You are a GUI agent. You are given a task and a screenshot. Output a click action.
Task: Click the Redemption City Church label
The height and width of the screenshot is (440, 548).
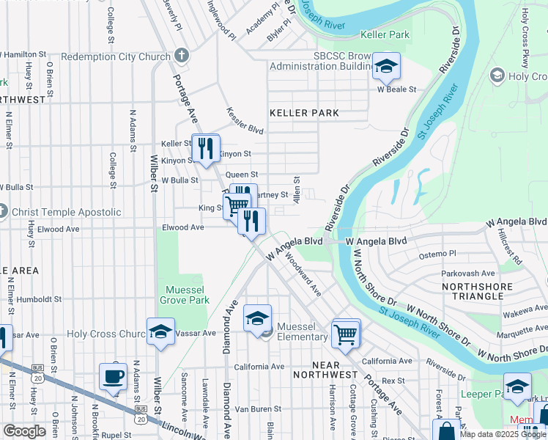pos(115,56)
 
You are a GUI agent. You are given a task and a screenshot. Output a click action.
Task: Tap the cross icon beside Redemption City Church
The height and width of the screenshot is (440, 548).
pos(181,56)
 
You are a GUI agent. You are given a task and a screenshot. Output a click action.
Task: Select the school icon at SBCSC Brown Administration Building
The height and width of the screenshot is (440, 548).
pos(385,67)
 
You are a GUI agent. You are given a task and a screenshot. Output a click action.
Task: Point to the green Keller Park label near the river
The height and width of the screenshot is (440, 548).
pos(385,34)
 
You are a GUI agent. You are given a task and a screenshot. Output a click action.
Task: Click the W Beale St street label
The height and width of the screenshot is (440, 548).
pos(396,89)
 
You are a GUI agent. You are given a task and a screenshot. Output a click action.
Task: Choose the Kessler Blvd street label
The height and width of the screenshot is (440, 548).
pos(245,117)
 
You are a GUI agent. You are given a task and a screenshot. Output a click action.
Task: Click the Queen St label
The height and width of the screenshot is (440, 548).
pos(242,175)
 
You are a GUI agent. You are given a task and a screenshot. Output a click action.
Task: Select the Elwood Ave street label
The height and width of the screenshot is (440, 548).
pos(183,228)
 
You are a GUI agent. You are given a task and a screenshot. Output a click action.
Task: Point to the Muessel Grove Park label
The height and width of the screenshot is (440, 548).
pos(185,295)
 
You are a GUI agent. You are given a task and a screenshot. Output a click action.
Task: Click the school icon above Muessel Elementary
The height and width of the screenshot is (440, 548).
pos(257,319)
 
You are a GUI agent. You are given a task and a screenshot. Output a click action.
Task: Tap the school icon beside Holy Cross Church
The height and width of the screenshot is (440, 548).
pos(161,331)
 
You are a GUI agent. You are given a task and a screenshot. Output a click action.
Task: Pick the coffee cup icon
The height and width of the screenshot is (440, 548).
pos(113,377)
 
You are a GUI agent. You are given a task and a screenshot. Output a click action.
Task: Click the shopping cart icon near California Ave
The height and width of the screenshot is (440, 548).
pos(346,334)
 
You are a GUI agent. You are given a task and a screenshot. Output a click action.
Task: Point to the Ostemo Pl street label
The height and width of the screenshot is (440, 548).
pos(437,254)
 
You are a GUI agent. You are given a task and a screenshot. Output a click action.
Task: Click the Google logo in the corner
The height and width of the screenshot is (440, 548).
pos(24,431)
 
